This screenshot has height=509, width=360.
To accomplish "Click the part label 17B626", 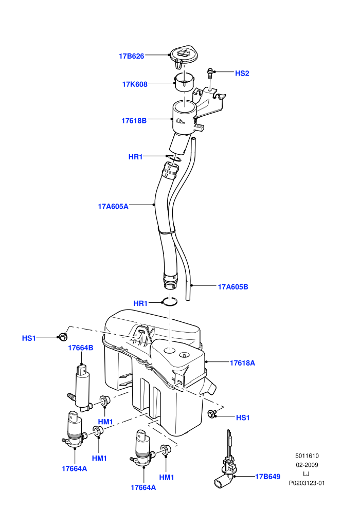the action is (x=131, y=56).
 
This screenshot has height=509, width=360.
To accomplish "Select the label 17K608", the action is (x=135, y=84).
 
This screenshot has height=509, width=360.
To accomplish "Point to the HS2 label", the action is (x=242, y=74).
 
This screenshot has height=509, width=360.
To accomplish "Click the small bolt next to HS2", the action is (x=210, y=73).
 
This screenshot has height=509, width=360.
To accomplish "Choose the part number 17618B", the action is (x=134, y=121).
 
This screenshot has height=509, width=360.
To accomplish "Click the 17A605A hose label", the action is (x=113, y=207).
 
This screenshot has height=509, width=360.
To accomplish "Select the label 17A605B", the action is (x=233, y=287).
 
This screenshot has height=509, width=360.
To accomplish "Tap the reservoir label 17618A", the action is (x=242, y=363).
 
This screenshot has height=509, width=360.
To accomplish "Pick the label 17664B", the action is (x=81, y=348).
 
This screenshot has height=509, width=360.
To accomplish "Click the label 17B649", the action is (x=267, y=477).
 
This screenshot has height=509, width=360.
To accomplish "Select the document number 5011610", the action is (x=307, y=456).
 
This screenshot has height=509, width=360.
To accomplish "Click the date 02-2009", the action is (x=307, y=465).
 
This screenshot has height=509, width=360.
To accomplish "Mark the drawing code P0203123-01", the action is (x=307, y=483).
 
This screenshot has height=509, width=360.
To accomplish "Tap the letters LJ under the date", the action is (x=306, y=474).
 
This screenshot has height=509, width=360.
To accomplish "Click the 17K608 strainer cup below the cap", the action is (x=185, y=83).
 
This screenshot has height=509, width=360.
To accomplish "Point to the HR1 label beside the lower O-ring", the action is (x=140, y=303).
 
